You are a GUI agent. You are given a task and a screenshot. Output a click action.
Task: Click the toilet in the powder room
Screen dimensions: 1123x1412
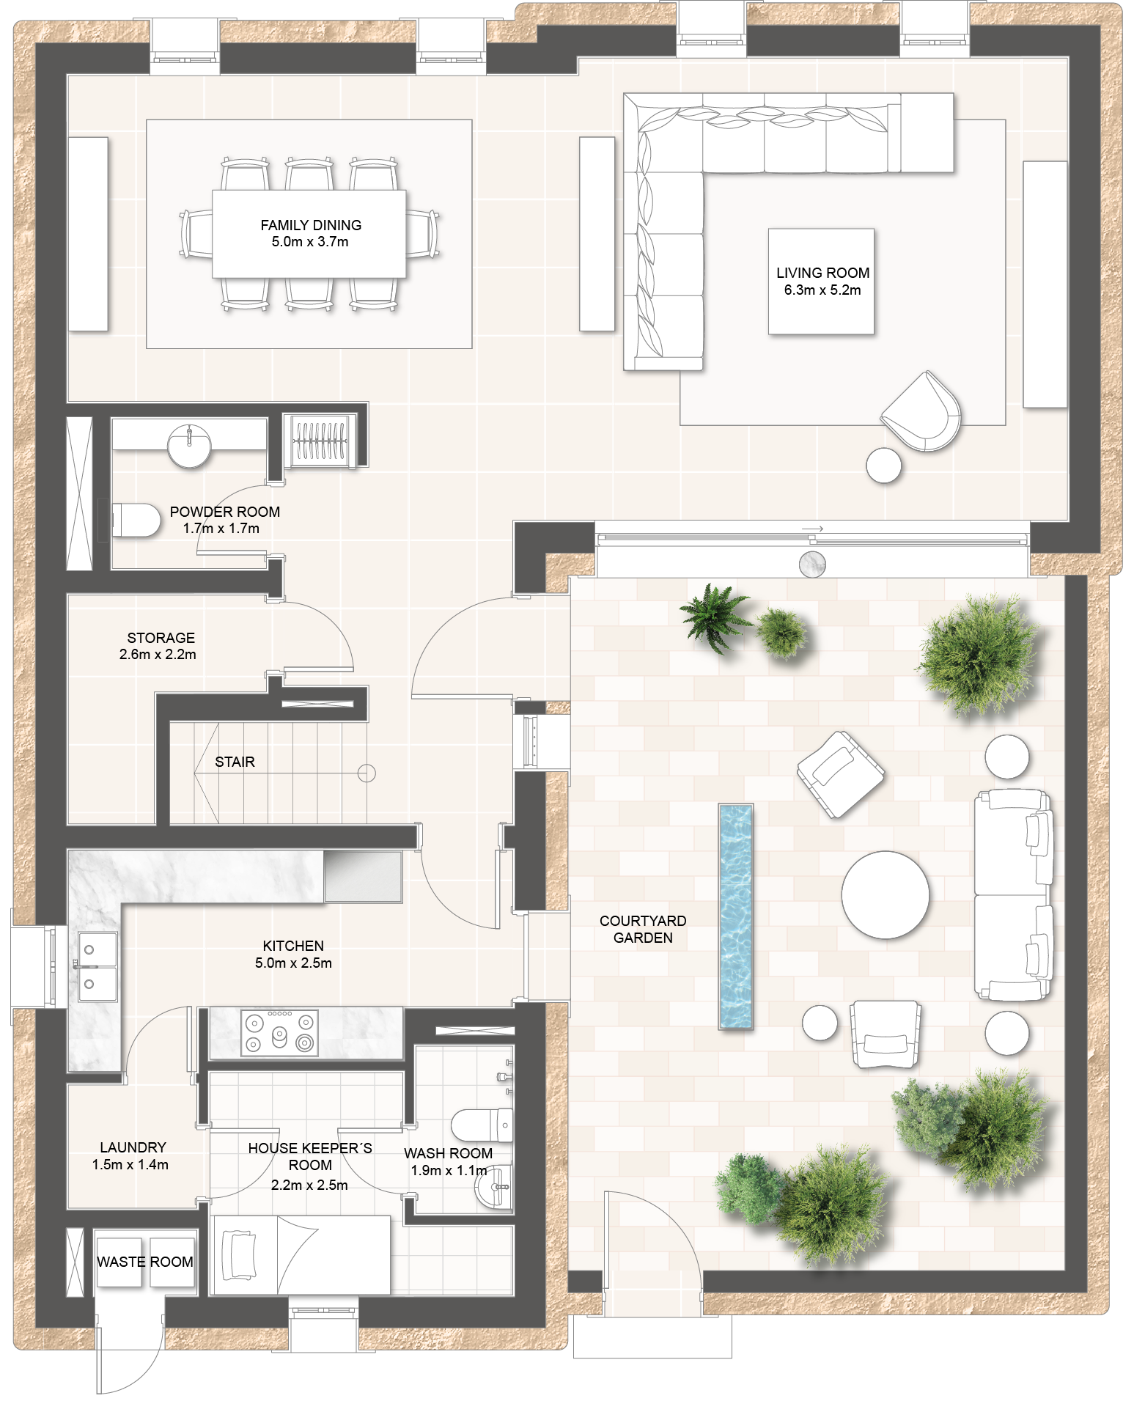136,520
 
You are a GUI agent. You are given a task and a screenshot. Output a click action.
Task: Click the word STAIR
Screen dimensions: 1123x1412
235,762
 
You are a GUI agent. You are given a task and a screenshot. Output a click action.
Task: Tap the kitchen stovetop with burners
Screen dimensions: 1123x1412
279,1033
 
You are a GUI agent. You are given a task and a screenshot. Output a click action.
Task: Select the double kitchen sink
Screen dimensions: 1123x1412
97,968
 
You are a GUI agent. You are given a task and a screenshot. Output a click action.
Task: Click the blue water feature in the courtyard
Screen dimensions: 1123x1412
736,917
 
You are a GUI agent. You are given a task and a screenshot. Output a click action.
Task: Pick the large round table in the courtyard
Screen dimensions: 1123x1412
885,895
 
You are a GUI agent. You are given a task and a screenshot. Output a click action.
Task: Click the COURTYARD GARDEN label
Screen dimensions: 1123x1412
643,929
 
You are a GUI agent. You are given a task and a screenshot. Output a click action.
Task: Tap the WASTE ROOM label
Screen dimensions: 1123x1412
145,1262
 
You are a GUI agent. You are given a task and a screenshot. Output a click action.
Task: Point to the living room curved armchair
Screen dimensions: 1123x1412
922,412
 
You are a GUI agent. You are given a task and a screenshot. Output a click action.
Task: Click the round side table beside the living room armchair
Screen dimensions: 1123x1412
883,465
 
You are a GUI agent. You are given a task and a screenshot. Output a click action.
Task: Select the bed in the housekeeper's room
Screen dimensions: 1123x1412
301,1255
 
